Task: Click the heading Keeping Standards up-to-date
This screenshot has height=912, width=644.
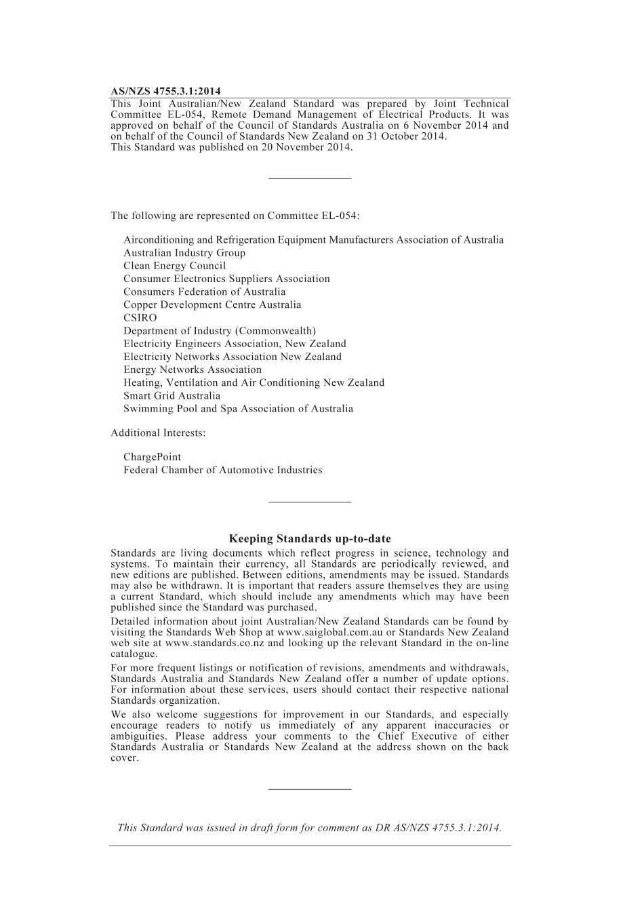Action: (310, 539)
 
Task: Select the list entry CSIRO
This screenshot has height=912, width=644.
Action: (140, 318)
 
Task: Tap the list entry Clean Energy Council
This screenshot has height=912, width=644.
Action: (174, 266)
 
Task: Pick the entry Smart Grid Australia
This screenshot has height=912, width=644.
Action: (172, 396)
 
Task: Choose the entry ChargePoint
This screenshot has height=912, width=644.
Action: (152, 457)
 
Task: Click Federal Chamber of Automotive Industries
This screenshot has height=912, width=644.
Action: (222, 470)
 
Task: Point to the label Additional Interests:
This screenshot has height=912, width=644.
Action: (158, 433)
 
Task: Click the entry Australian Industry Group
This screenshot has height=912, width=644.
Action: (184, 253)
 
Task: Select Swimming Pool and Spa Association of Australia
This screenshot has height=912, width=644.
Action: (238, 409)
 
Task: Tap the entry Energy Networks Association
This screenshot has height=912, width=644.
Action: (192, 370)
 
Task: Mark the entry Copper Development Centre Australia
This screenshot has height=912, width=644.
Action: (212, 305)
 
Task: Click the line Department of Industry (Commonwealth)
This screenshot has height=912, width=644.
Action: (219, 331)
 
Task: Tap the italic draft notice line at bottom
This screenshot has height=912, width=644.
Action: (309, 827)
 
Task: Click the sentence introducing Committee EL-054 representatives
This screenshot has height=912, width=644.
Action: (235, 216)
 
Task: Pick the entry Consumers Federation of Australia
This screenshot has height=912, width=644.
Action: (204, 292)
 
